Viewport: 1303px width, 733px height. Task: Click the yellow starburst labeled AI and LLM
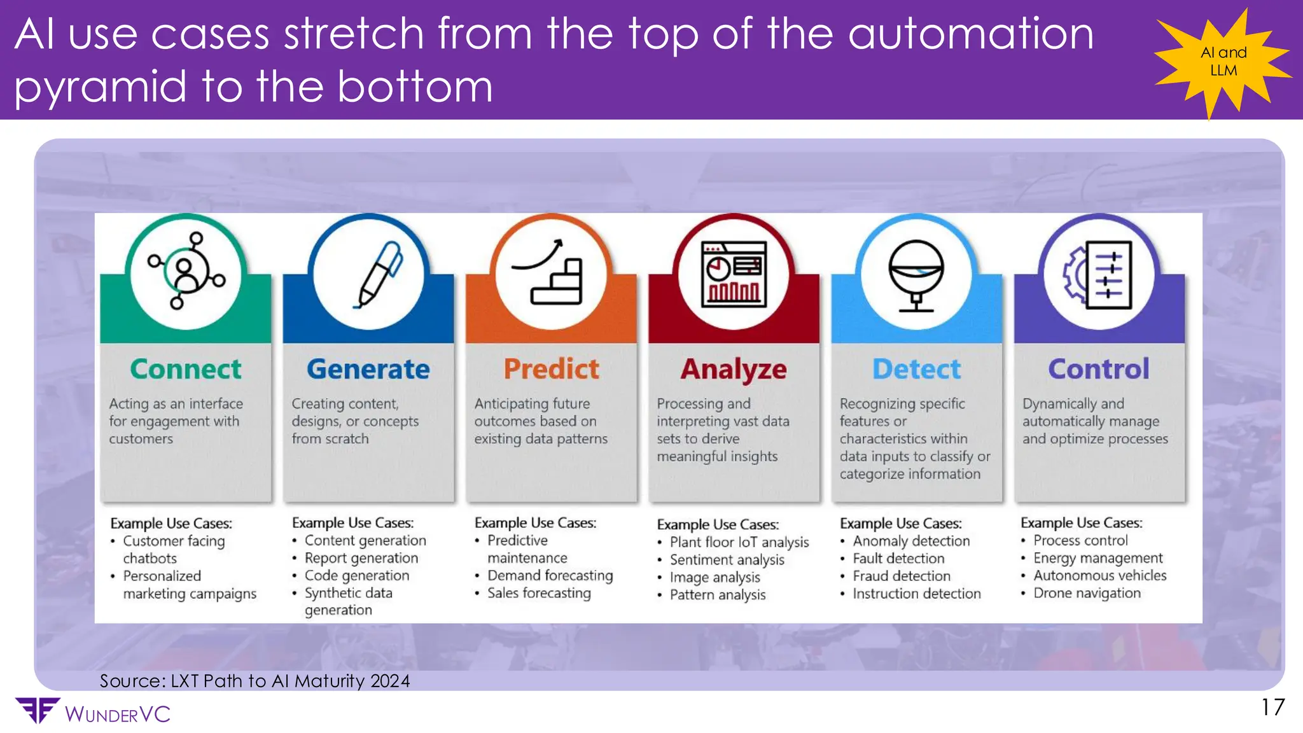tap(1223, 61)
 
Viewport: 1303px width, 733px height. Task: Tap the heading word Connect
tap(186, 369)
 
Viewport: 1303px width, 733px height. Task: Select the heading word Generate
tap(368, 369)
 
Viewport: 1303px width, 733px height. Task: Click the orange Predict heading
tap(551, 369)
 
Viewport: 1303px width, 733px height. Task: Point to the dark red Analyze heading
tap(734, 370)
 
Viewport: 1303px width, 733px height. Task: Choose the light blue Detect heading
tap(916, 369)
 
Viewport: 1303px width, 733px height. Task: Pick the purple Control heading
tap(1099, 369)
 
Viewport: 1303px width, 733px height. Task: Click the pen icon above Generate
tap(379, 275)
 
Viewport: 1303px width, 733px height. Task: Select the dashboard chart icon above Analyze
tap(734, 274)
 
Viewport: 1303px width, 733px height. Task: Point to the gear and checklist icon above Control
tap(1099, 275)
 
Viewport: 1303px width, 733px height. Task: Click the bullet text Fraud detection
tap(902, 576)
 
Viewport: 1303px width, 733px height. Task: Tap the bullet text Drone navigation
tap(1087, 593)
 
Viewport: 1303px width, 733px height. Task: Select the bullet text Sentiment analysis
tap(727, 560)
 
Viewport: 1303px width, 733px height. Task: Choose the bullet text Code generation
tap(356, 575)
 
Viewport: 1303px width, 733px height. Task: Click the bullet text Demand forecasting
tap(550, 575)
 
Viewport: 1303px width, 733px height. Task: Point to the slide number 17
tap(1273, 708)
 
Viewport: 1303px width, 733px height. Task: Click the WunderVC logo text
tap(117, 714)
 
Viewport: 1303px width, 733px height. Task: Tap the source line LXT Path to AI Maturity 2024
tap(255, 681)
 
